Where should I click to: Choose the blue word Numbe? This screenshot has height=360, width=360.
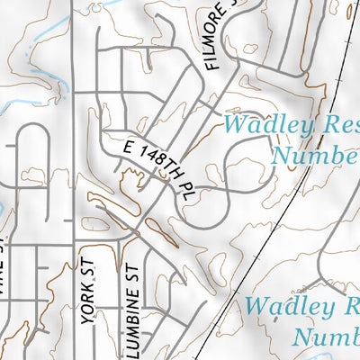coord(315,156)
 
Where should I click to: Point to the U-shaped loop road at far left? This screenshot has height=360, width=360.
coord(31,135)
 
